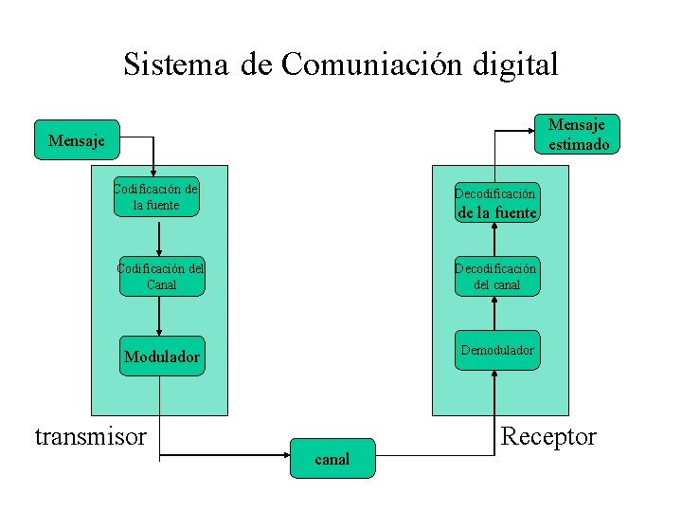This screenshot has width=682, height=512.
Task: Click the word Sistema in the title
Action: (176, 64)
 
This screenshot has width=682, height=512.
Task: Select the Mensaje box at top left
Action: (77, 140)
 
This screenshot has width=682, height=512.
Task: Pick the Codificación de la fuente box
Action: (156, 196)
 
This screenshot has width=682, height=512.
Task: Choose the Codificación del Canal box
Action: (161, 275)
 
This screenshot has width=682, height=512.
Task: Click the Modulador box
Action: (162, 357)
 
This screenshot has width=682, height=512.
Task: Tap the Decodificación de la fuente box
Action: (496, 203)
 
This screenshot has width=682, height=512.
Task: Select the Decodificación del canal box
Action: (496, 276)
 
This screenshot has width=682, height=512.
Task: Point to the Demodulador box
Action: (496, 350)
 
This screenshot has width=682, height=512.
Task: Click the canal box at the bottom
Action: (332, 459)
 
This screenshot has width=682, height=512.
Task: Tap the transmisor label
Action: (91, 436)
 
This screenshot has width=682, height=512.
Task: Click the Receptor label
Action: (548, 436)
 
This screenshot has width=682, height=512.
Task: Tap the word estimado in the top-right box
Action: (579, 144)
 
